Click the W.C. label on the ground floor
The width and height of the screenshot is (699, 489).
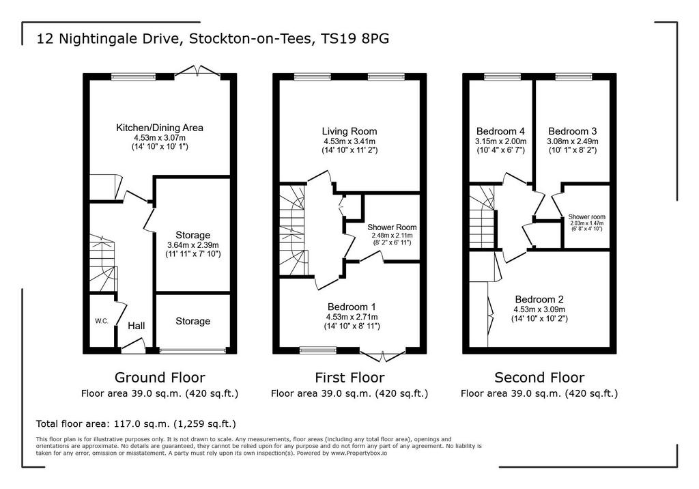coord(102,321)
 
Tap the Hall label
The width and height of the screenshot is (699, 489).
coord(137,326)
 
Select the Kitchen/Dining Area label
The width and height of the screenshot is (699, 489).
coord(160,128)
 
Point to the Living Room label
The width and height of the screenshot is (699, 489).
coord(349,131)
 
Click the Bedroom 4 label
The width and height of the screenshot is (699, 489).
coord(500,131)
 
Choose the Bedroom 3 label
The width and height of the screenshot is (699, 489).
coord(573,131)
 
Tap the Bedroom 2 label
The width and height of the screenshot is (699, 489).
coord(539,299)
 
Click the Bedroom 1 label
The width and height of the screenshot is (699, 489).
coord(352,307)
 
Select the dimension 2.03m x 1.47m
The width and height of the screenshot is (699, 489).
coord(586,223)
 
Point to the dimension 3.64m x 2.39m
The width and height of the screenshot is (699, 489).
coord(193,245)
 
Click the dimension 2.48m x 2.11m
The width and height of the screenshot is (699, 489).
coord(393,236)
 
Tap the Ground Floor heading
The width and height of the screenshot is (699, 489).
coord(160,378)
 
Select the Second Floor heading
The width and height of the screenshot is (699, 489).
coord(539,378)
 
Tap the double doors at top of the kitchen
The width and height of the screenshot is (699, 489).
coord(197,72)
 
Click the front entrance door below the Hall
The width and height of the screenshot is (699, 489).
coord(134,346)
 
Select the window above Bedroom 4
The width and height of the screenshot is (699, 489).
coord(502,76)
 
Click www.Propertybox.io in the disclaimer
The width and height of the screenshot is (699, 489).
coord(359,453)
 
